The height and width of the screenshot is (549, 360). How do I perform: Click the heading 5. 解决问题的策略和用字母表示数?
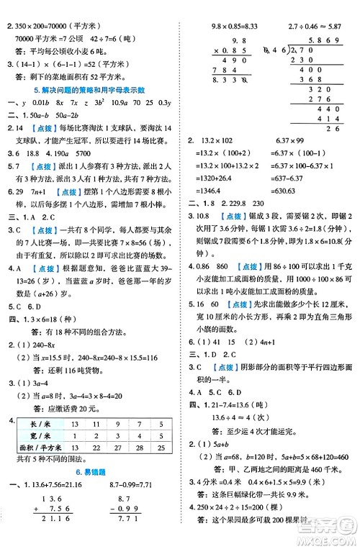(90, 90)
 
